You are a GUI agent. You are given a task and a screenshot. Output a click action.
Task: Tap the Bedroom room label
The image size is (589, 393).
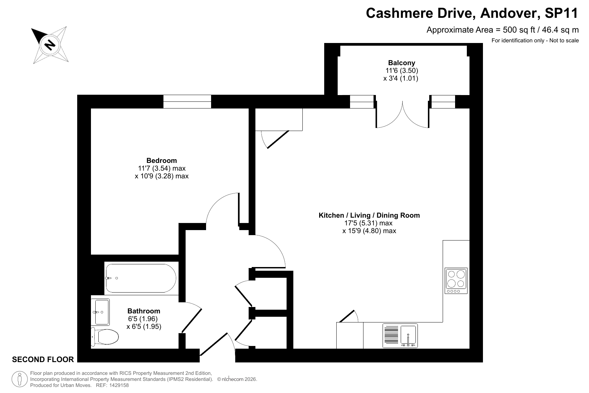coord(161,161)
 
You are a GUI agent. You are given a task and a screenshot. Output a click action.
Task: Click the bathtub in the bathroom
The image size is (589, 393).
coord(141,278)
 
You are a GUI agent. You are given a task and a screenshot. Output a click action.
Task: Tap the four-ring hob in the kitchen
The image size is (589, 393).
coord(456,281)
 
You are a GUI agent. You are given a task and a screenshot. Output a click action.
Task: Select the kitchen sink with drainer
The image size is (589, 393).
coord(400,336)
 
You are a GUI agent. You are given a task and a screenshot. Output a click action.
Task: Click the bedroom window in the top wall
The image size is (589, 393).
coord(187,101)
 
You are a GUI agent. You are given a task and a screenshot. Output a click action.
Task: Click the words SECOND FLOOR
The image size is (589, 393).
coord(43,360)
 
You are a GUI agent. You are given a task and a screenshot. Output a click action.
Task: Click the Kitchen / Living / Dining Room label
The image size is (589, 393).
coord(369,215)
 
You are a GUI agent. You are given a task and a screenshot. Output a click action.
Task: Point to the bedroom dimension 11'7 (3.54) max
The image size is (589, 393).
coord(162,168)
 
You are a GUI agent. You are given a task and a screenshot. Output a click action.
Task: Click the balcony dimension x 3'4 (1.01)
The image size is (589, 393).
coord(401,79)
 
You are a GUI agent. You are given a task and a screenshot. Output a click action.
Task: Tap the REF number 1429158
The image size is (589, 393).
coord(117,385)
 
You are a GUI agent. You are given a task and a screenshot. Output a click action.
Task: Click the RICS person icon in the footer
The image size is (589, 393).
coord(20,379)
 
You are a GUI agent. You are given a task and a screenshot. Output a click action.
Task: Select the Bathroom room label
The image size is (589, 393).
coord(144,311)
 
